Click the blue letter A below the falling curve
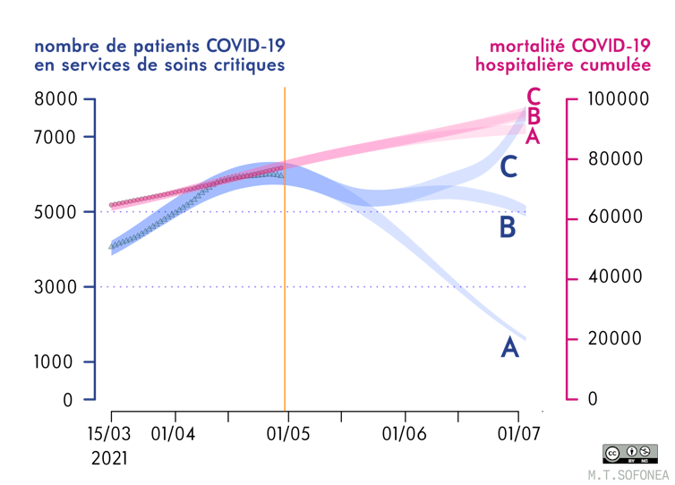[509, 347]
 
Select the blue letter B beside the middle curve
[508, 227]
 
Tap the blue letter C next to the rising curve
[508, 166]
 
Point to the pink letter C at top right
[534, 96]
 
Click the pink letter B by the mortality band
[534, 115]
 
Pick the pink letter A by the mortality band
[533, 136]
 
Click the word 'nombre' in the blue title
[63, 47]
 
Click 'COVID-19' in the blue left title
[247, 47]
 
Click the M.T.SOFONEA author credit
[628, 472]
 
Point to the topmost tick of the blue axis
[90, 99]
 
